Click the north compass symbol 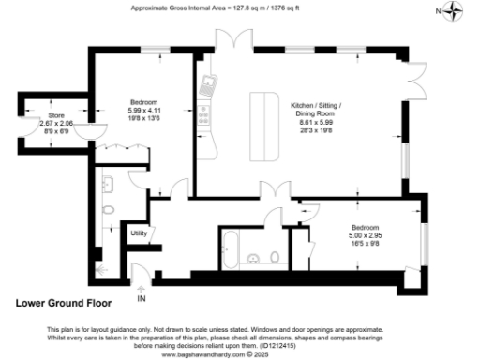coord(455,11)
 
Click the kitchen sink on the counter coord(206,87)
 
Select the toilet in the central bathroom coord(272,257)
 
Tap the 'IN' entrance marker coord(142,299)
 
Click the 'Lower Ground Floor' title coord(64,303)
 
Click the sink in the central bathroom coord(250,257)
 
